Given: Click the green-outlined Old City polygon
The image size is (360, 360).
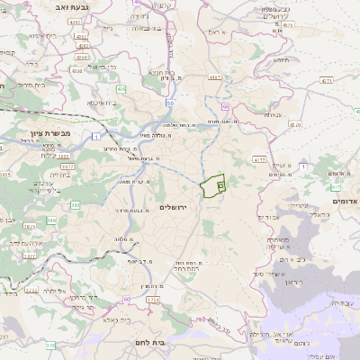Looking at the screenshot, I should [x=213, y=185].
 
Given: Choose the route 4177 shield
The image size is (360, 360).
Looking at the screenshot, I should [x=259, y=159].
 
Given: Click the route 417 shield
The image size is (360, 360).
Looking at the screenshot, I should [x=335, y=187].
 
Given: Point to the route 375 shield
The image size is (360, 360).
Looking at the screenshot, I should [x=50, y=344].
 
